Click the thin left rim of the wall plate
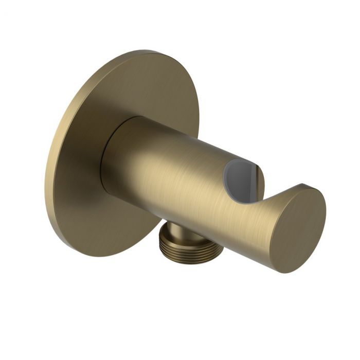pyautogui.click(x=51, y=170)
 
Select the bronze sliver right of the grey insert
pyautogui.click(x=260, y=177)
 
